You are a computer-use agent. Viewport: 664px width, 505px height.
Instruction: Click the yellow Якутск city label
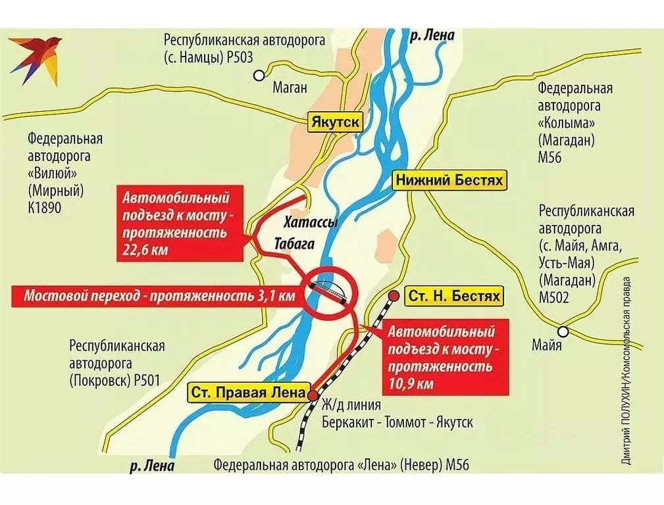click(x=336, y=122)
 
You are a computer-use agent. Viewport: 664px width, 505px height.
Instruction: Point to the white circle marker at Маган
click(x=260, y=75)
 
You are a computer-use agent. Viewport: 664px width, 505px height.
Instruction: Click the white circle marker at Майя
click(x=563, y=331)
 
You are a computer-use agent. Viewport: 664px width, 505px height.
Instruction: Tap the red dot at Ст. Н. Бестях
click(x=394, y=296)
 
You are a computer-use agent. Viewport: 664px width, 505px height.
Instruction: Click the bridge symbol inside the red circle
click(x=329, y=289)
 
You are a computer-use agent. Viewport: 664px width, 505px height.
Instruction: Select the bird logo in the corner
click(x=35, y=58)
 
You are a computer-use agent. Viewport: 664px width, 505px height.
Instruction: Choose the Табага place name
click(x=290, y=245)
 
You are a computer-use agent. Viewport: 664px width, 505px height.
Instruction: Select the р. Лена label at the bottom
click(x=152, y=466)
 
